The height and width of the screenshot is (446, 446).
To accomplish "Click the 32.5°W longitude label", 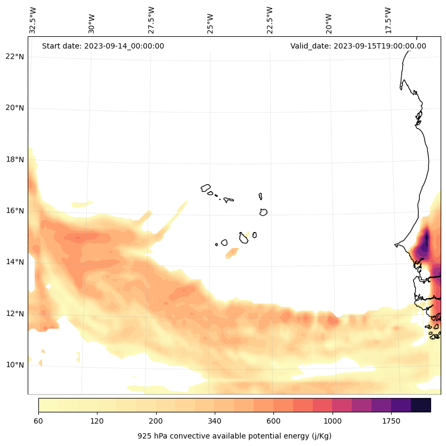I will [33, 20].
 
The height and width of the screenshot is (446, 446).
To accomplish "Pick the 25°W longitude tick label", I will [210, 20].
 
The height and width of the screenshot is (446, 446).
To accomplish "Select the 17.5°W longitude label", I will [388, 20].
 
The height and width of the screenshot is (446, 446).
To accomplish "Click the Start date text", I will [103, 46].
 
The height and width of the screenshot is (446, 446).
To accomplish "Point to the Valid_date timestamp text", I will [358, 46].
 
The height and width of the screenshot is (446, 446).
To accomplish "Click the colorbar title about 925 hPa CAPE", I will [234, 436].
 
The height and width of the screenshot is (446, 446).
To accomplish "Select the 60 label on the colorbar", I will [38, 421].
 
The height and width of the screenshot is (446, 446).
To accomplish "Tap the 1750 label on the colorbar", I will [391, 421].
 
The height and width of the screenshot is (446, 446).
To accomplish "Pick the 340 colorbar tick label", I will [215, 421].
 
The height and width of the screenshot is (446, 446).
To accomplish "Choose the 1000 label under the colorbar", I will [333, 421].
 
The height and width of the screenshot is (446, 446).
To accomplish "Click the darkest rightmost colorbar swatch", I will [420, 405].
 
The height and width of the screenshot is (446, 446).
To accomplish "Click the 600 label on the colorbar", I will [273, 421].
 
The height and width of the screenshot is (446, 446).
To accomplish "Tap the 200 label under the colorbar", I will [156, 421].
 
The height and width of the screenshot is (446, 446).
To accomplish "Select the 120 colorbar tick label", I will [97, 421].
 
